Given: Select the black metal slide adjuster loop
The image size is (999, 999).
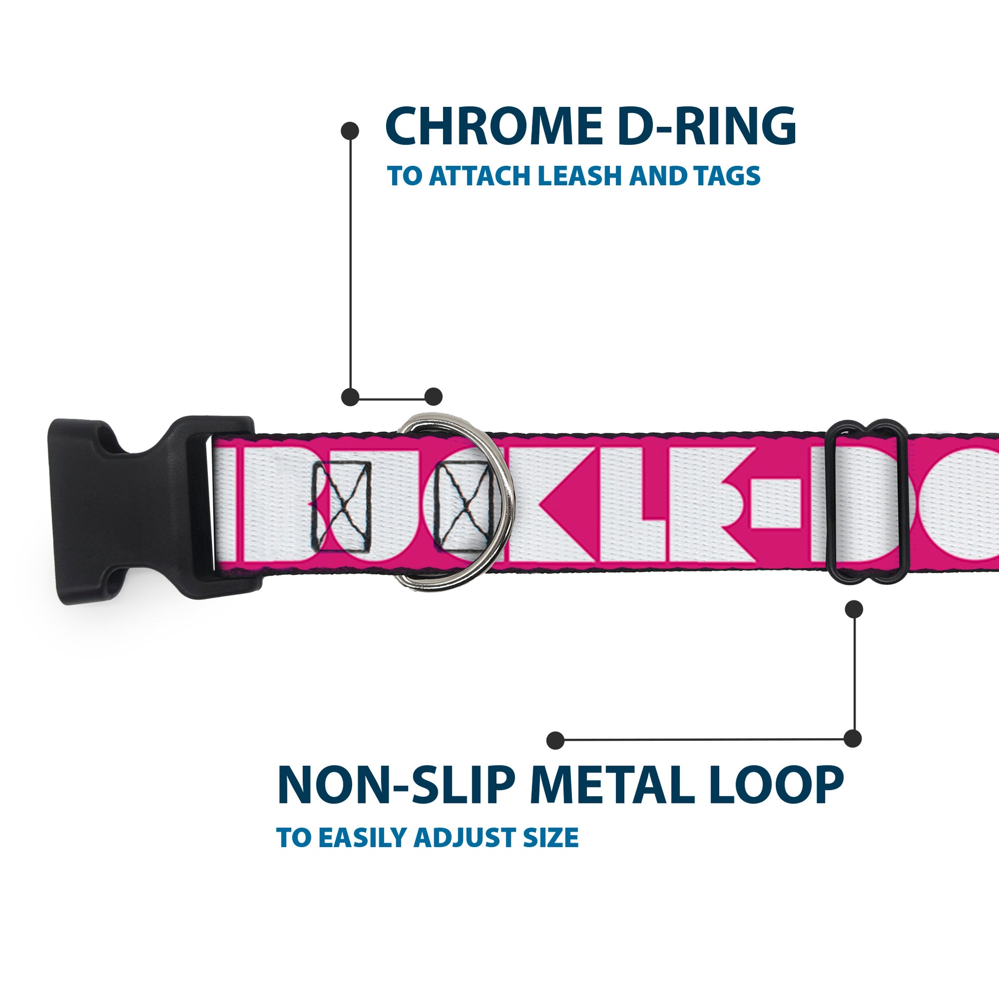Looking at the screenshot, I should [868, 502].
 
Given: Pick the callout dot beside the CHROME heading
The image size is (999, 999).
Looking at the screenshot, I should [350, 131].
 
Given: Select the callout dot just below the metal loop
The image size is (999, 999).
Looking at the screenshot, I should [854, 609].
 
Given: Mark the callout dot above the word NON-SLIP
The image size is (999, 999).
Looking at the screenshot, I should [555, 740].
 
